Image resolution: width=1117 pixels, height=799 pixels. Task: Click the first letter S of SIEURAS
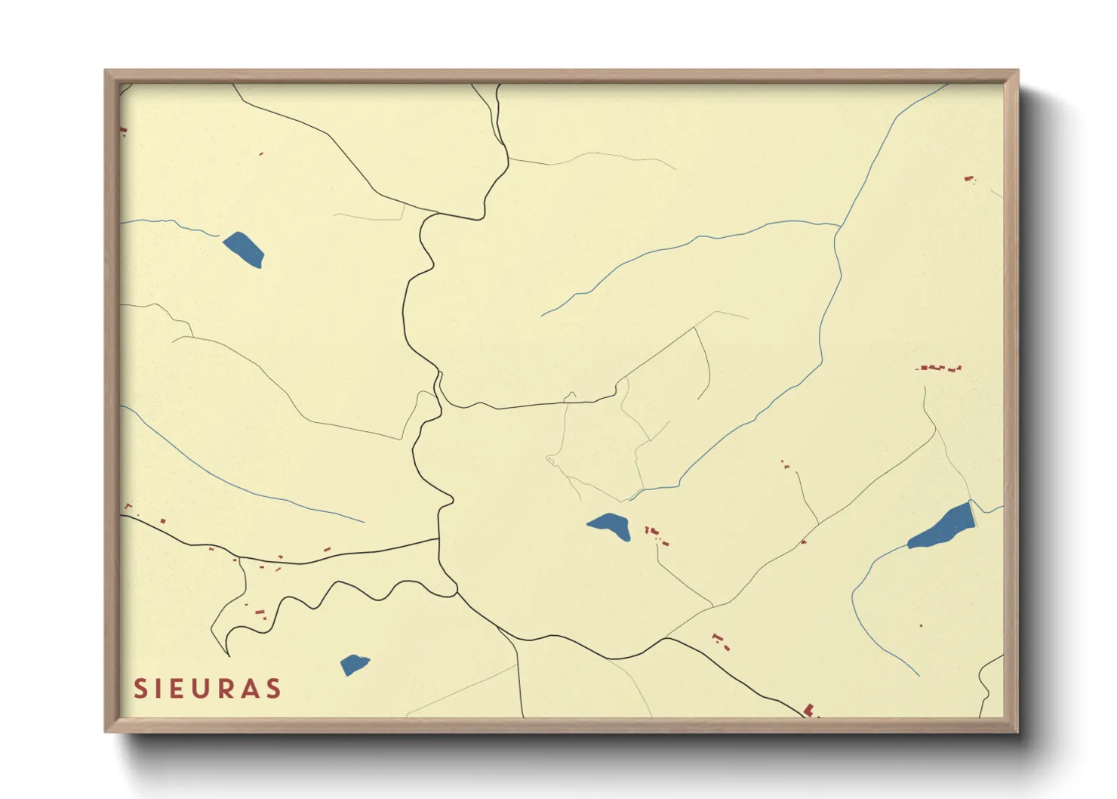[x=140, y=689]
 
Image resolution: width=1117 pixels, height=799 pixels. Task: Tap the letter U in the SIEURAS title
[x=206, y=689]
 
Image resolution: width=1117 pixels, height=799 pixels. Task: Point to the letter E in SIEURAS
[x=182, y=689]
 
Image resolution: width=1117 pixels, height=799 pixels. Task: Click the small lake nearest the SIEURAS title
[x=354, y=665]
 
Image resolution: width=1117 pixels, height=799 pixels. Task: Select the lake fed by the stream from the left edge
[x=244, y=249]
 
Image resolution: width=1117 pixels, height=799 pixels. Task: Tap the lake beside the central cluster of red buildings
[x=610, y=526]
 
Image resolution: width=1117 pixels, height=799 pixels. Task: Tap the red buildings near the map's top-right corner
[x=970, y=179]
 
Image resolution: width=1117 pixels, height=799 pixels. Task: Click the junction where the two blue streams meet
[x=839, y=226]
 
